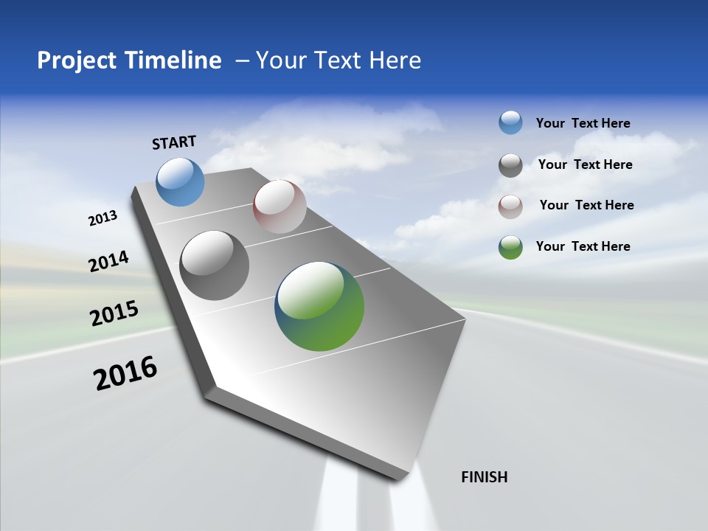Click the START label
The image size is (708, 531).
[174, 142]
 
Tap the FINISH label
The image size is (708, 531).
[484, 477]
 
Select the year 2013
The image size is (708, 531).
[103, 218]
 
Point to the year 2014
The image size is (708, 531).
[108, 261]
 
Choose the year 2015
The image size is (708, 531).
[114, 313]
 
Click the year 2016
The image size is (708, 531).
[125, 373]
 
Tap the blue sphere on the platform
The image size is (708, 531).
[181, 182]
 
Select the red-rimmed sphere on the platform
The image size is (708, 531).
[280, 206]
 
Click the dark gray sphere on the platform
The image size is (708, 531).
[215, 265]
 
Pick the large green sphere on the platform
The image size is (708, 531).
[319, 306]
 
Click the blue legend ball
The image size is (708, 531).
[510, 122]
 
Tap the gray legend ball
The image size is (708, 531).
[510, 165]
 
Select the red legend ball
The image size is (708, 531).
[510, 206]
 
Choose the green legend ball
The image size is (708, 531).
[510, 247]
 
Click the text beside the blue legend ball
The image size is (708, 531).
[583, 123]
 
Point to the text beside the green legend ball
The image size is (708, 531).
[583, 246]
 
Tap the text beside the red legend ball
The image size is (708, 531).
[586, 205]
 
